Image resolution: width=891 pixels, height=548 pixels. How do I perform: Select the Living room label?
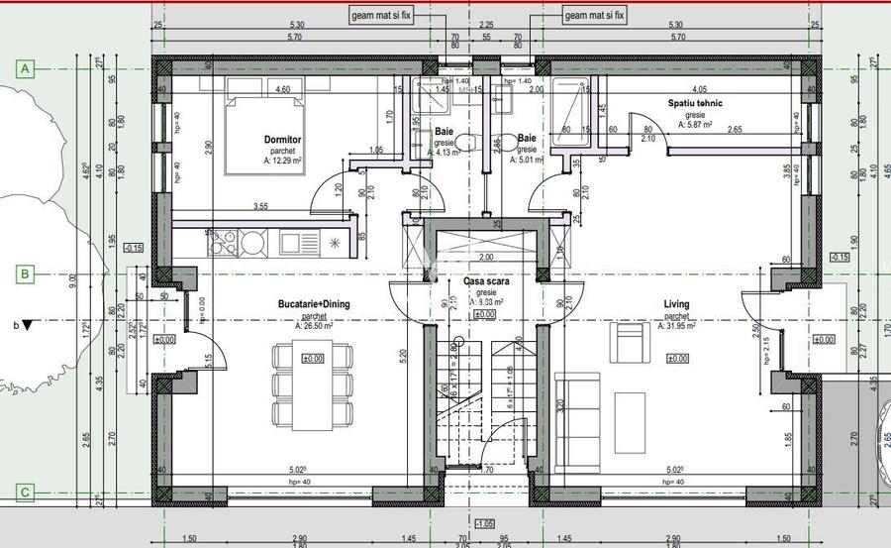point(677,304)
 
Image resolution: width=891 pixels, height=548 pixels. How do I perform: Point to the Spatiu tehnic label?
point(694,103)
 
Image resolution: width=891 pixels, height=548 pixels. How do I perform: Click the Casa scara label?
point(485,282)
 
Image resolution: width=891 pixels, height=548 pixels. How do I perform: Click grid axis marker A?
point(27,68)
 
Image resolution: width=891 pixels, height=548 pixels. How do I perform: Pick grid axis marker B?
point(27,274)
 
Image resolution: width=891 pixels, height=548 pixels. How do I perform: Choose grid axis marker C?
point(27,491)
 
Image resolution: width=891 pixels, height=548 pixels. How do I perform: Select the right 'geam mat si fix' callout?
point(595,15)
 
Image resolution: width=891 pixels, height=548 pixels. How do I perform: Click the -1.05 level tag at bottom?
point(484,523)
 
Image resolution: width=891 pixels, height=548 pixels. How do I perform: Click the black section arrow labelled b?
point(28,324)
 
